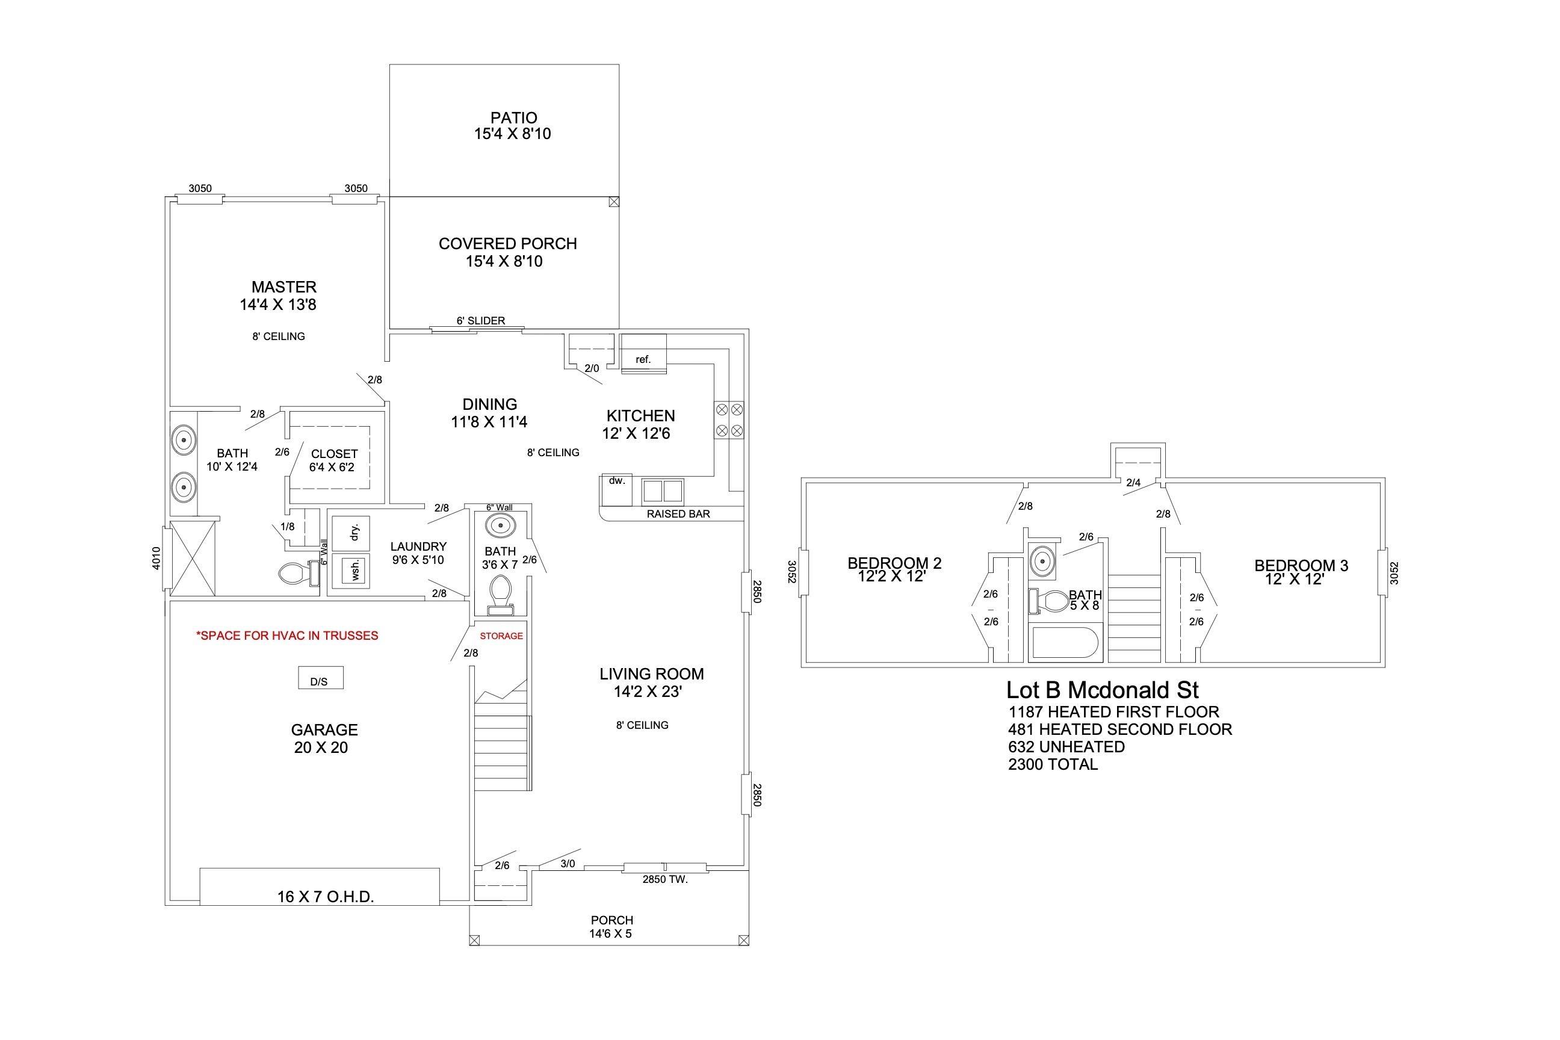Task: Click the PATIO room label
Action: point(513,118)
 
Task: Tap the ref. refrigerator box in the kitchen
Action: point(643,359)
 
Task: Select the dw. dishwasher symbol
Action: point(616,488)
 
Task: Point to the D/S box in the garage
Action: point(319,677)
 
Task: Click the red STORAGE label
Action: point(501,636)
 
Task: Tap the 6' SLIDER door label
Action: point(481,320)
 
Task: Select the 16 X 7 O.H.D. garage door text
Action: point(326,897)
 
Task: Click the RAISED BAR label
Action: point(678,513)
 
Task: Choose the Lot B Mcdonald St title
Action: point(1103,690)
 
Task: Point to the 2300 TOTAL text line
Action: point(1053,764)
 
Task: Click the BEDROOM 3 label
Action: point(1301,565)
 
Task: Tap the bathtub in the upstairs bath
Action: point(1065,643)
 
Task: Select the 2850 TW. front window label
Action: point(665,879)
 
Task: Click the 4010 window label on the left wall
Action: point(156,558)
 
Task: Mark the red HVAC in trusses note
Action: point(287,636)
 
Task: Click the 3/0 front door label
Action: point(568,864)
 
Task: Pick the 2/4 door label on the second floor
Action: point(1133,483)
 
